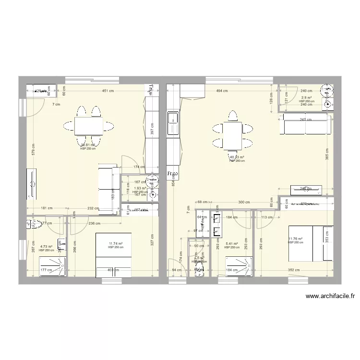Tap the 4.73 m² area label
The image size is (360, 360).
(46, 247)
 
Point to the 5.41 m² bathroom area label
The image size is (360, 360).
(232, 244)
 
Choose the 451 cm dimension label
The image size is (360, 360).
(108, 91)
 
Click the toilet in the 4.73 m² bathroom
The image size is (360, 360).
(35, 224)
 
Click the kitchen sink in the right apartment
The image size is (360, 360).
(172, 124)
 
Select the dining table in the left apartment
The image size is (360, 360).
(88, 126)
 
